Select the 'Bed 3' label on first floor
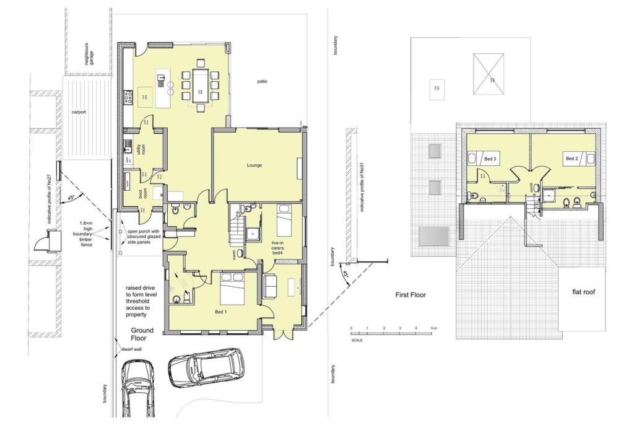point(490,159)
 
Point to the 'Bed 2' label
point(571,159)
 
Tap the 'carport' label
point(79,113)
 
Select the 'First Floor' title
point(410,296)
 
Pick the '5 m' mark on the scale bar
point(434,328)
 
